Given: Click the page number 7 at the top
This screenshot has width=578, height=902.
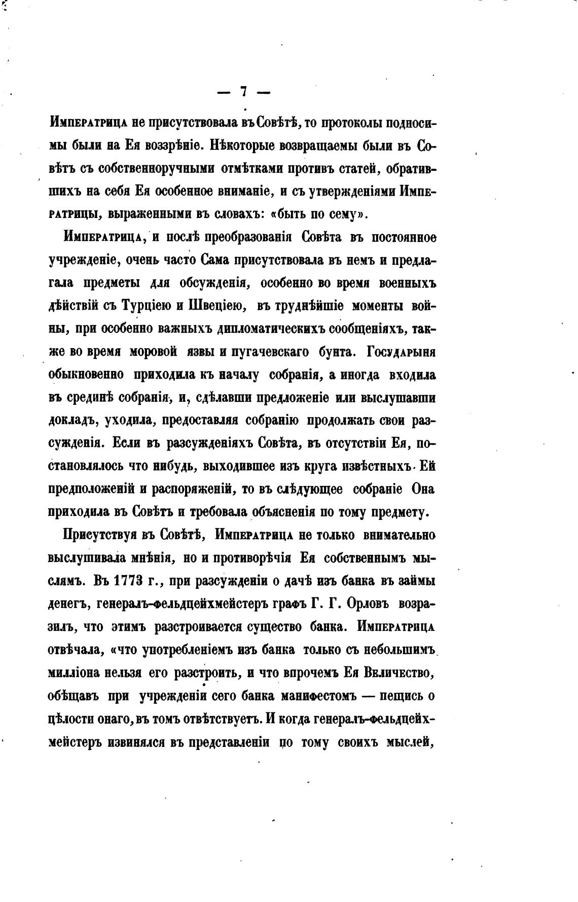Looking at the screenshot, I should pos(243,92).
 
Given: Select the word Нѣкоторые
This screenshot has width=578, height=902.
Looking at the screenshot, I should pos(244,146).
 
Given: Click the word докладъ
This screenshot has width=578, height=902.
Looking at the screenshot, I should pos(69,421).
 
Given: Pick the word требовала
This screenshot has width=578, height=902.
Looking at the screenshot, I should pos(219,512).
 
